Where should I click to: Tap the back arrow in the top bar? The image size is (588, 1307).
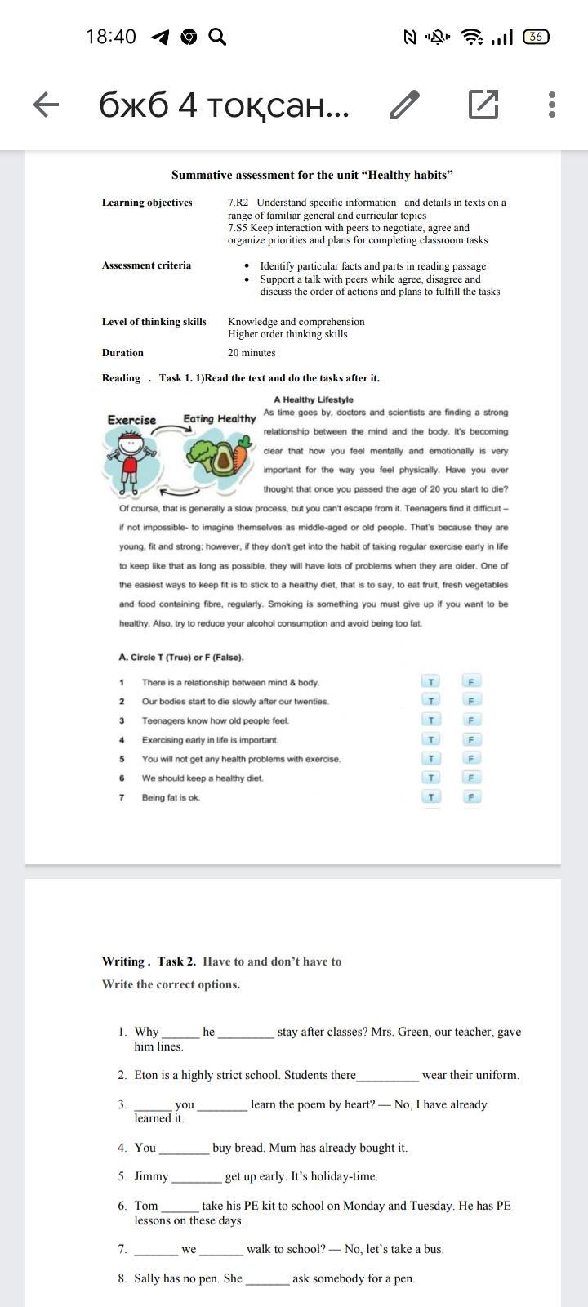46,105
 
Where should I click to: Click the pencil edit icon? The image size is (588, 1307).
405,105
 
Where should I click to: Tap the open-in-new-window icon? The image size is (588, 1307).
483,105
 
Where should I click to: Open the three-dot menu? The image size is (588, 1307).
552,105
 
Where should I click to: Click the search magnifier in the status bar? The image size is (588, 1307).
217,37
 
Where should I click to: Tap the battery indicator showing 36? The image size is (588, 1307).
536,37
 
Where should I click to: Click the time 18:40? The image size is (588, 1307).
111,37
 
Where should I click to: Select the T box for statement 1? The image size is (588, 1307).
431,682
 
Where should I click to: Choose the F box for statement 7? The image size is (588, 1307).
471,796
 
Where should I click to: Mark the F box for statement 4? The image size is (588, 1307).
471,739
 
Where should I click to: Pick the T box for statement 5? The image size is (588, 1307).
431,758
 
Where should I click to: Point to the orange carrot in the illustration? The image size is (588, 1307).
242,454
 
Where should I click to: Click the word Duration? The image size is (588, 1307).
122,353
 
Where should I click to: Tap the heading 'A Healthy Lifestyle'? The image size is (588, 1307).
314,399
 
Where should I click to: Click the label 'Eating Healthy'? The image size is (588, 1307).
219,418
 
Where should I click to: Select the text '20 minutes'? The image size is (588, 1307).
252,353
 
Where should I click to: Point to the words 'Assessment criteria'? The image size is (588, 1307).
146,265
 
